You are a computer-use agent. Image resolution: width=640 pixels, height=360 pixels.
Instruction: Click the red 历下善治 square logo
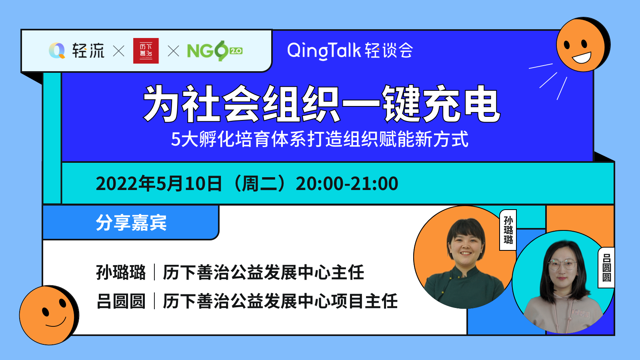(x=146, y=50)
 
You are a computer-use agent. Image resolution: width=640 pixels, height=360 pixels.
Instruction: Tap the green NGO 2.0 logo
(x=215, y=51)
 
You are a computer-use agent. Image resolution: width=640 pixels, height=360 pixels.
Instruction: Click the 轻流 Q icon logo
(x=57, y=50)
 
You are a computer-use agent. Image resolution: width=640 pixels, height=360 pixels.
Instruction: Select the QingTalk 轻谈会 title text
(x=350, y=51)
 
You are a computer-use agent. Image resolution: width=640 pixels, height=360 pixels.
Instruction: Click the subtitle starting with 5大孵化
(x=320, y=139)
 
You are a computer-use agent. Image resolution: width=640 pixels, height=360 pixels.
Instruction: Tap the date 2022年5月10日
(x=159, y=184)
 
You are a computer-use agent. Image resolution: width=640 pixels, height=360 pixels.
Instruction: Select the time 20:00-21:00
(x=347, y=184)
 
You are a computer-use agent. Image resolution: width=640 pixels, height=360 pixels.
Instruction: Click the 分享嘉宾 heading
(x=131, y=222)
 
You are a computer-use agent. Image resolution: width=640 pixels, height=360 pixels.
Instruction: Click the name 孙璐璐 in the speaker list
(x=121, y=272)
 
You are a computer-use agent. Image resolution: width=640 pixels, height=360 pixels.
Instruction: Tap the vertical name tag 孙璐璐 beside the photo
(x=508, y=230)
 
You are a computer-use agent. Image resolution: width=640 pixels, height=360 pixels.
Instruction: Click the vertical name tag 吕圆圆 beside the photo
(x=606, y=268)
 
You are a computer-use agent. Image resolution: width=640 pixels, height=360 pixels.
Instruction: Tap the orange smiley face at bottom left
(x=49, y=315)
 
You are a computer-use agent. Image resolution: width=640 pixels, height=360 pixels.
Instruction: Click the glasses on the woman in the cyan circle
(x=562, y=265)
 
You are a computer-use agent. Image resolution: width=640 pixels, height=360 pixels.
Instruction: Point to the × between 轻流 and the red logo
(x=118, y=51)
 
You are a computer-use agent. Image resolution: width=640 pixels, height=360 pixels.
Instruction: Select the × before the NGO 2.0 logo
(x=173, y=51)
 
